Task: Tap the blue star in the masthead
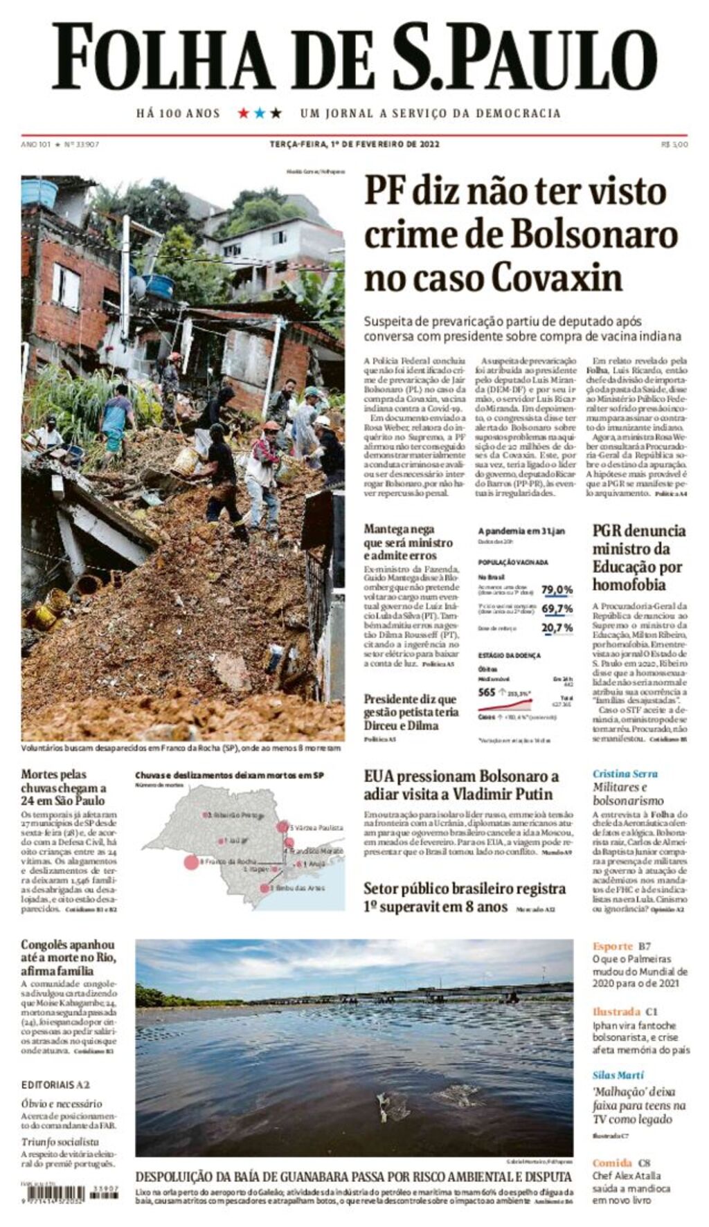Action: coord(260,113)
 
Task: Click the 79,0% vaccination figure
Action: coord(557,590)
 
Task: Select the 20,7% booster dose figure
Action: coord(557,628)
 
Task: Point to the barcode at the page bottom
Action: coord(53,1193)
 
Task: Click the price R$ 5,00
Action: coord(674,145)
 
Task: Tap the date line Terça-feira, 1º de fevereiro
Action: coord(354,145)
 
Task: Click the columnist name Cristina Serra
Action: coord(625,774)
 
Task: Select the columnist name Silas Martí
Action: coord(618,1075)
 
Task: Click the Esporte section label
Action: coord(612,946)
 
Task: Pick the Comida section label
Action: coord(612,1163)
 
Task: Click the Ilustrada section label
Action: coord(616,1011)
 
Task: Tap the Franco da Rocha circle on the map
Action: coord(190,862)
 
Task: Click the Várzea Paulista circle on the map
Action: coord(282,826)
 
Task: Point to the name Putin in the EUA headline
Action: coord(532,794)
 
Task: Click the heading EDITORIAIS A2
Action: coord(55,1084)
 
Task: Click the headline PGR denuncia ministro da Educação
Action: coord(638,557)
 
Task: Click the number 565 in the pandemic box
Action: coord(487,692)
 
